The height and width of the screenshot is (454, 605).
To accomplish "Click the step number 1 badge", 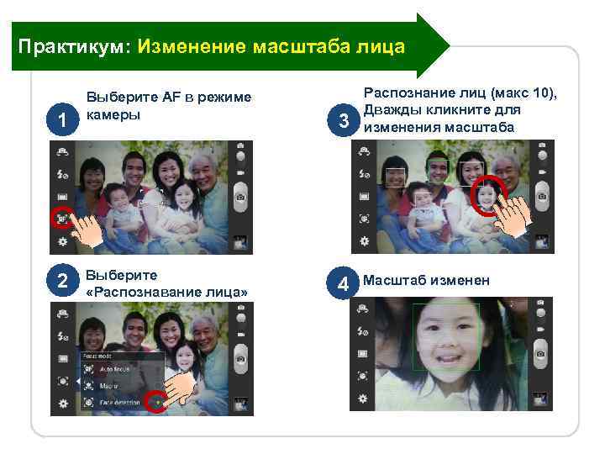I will click(62, 123).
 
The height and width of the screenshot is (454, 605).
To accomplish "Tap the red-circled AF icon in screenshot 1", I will click(62, 218).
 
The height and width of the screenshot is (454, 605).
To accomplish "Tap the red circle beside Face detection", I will click(155, 404).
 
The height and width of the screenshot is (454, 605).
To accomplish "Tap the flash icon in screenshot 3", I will click(365, 174).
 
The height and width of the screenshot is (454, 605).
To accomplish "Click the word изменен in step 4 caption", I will click(465, 281).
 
